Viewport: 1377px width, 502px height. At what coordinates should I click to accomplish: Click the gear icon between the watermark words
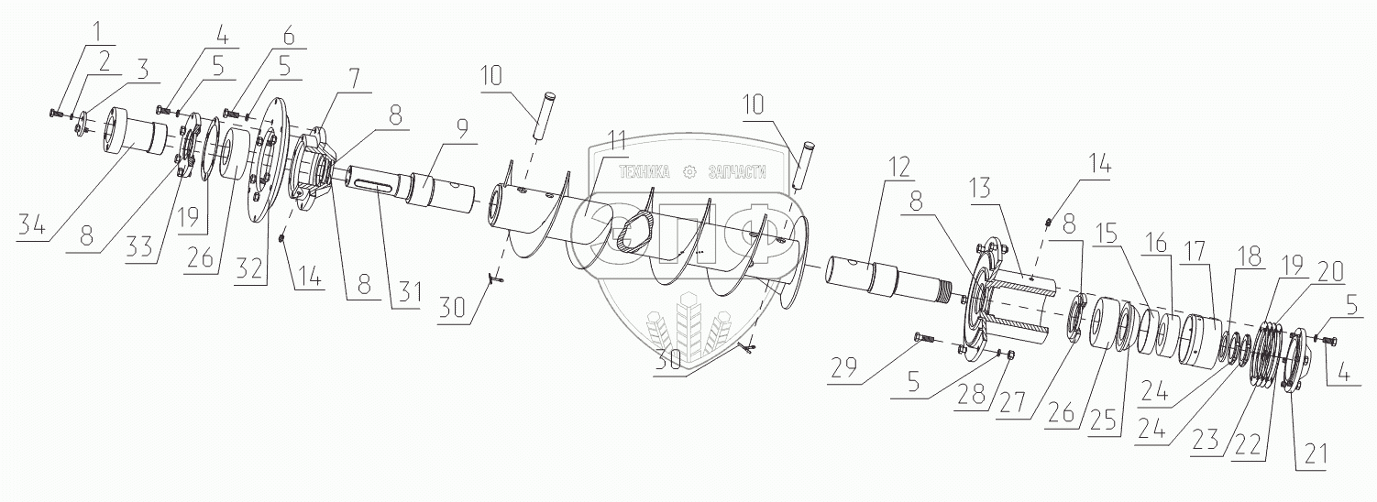tap(688, 170)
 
